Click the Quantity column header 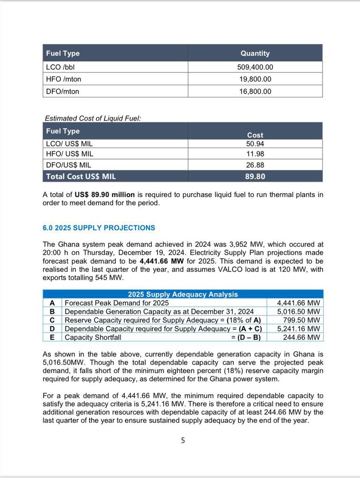click(x=255, y=53)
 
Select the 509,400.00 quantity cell click(x=255, y=67)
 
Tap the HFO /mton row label click(x=64, y=80)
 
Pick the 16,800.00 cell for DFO click(x=255, y=92)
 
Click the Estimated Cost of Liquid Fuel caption click(x=92, y=118)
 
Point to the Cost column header click(x=255, y=135)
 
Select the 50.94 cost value click(x=255, y=144)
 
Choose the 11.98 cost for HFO click(x=255, y=154)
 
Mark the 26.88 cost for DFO click(x=255, y=165)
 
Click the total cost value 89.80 click(x=255, y=177)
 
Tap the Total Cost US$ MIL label click(x=80, y=177)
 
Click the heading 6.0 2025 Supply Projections click(x=99, y=228)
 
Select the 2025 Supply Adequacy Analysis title click(x=183, y=294)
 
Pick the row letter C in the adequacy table click(x=52, y=320)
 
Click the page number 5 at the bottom click(x=183, y=440)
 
